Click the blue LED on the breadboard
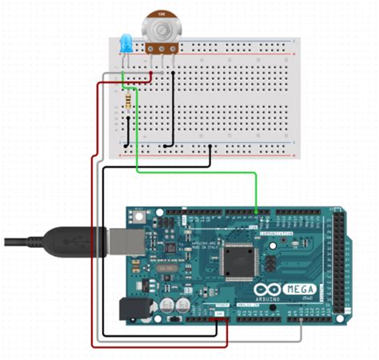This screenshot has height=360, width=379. click(125, 45)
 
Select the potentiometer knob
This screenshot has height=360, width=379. click(161, 29)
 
